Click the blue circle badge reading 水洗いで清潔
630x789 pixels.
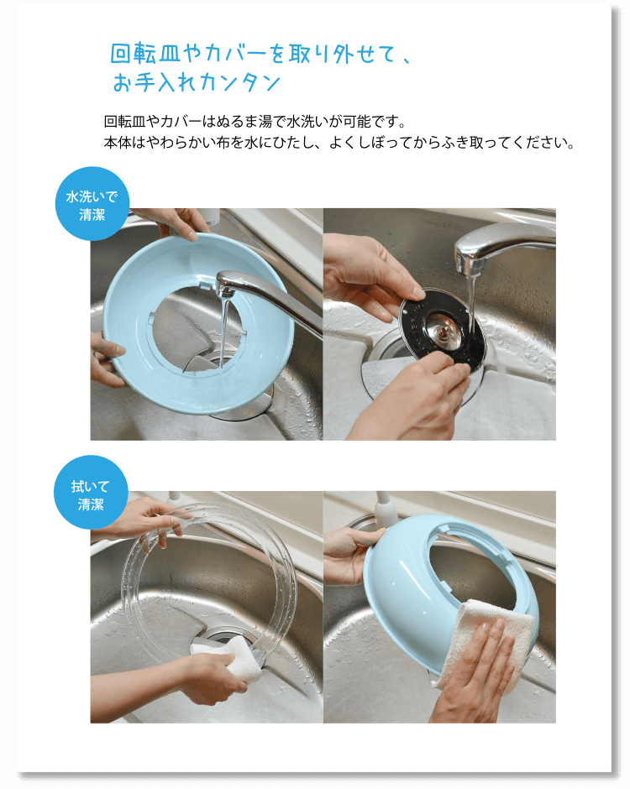tap(92, 204)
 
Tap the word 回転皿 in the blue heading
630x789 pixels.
tap(145, 53)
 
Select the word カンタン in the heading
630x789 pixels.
tap(239, 82)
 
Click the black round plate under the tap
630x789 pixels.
tap(441, 326)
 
